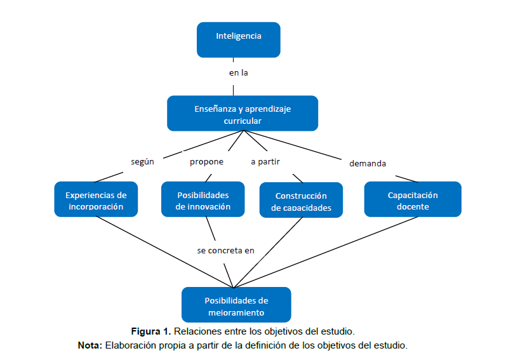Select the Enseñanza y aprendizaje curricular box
coord(242,114)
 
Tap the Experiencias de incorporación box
coord(96,200)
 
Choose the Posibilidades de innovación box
coord(203,200)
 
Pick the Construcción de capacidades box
coord(301,201)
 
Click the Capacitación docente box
coord(413,200)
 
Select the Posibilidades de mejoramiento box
coord(236,305)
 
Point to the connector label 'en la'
coord(238,73)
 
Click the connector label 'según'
coord(142,162)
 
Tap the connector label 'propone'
coord(206,162)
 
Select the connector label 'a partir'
coord(265,162)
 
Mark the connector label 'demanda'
coord(368,163)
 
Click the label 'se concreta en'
coord(225,251)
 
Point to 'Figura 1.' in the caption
coord(151,331)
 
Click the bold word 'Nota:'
coord(90,345)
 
